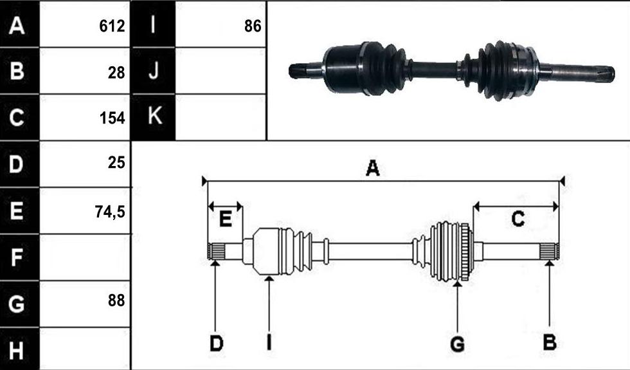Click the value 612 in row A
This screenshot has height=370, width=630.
coord(112,26)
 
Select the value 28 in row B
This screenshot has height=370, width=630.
coord(116,73)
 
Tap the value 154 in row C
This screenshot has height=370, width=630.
coord(112,118)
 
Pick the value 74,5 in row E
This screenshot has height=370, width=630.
coord(110,212)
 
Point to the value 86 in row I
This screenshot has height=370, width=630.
coord(253,26)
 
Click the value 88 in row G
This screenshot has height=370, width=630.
coord(116,301)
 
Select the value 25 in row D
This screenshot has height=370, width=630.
coord(116,162)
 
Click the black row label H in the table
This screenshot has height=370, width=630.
coord(16,349)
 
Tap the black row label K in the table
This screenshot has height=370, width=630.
coord(155,116)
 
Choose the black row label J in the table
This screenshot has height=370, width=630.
coord(154,71)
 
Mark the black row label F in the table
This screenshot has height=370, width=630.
coord(16,257)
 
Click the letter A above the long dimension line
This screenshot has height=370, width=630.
coord(372,168)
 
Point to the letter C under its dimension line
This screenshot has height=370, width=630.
coord(518,219)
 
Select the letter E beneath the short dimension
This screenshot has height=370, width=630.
coord(226,219)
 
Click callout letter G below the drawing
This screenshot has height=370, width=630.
coord(458,344)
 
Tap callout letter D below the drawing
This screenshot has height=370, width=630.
coord(216,343)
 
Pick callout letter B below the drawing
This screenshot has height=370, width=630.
coord(550,342)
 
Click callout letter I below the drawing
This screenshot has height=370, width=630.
coord(269,343)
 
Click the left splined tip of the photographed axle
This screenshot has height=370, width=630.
coord(297,71)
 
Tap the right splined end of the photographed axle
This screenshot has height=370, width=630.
coord(605,75)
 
